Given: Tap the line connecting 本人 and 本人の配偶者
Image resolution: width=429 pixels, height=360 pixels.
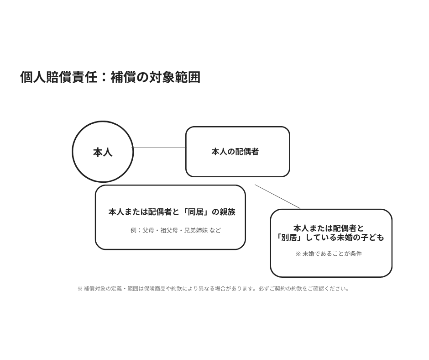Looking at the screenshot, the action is [x=159, y=148].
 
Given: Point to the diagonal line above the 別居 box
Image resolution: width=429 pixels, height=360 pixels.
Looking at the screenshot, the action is [x=277, y=196].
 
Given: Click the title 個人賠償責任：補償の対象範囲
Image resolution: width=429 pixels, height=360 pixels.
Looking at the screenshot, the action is [x=110, y=77].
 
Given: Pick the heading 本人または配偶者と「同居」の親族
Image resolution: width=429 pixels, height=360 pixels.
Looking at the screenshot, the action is [x=172, y=212].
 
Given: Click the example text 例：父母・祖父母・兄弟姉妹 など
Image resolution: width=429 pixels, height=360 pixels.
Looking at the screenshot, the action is [x=176, y=230].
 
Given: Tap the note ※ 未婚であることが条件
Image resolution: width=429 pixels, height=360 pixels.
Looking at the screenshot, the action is [x=329, y=254].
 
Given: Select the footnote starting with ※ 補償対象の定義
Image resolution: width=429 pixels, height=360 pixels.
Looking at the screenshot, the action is [x=213, y=288].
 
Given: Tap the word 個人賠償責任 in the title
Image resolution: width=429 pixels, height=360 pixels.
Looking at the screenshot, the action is [x=58, y=77].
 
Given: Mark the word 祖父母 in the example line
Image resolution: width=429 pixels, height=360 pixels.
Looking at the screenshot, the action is [x=169, y=230].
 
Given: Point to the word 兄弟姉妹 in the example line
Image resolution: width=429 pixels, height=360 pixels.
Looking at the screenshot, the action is [x=196, y=230].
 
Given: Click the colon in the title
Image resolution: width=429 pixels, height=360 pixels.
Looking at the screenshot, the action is [x=104, y=78].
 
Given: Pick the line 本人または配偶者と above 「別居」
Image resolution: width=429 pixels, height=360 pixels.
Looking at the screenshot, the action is [x=329, y=228].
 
